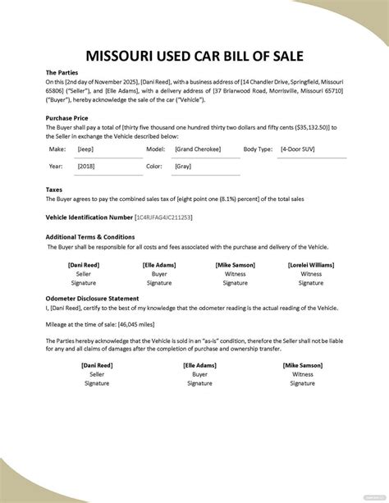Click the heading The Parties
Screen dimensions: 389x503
(62, 72)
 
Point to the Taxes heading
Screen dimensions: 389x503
(55, 189)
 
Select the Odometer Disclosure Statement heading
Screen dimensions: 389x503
(92, 298)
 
